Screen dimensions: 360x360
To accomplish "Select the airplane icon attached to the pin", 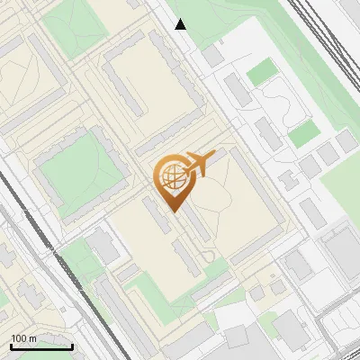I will point(200,164).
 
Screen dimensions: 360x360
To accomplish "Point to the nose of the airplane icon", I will point(214,157).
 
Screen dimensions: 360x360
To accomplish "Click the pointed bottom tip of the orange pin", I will point(174,211).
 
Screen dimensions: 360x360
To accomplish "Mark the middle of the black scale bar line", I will point(41,346).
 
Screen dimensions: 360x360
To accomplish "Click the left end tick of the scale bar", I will point(11,345).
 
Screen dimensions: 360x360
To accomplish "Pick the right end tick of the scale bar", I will point(72,345).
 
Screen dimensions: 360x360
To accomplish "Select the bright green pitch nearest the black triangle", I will point(261,71).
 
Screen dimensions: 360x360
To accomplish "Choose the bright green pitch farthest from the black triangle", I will point(303,134).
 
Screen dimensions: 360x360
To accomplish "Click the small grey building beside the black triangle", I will point(212,55).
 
